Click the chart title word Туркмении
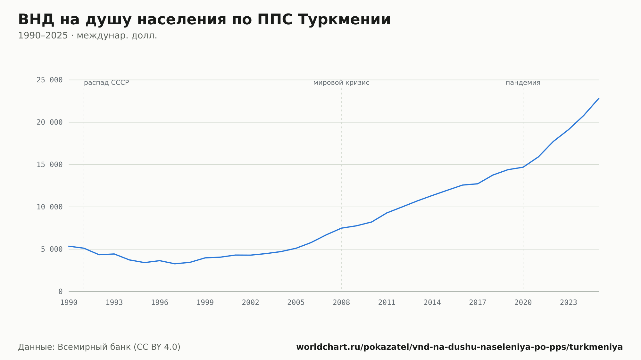pyautogui.click(x=344, y=20)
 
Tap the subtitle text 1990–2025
pyautogui.click(x=43, y=36)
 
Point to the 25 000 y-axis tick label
pyautogui.click(x=50, y=80)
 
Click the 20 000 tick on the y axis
pyautogui.click(x=50, y=122)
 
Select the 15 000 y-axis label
pyautogui.click(x=50, y=165)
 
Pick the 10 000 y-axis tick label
pyautogui.click(x=50, y=207)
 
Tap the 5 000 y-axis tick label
pyautogui.click(x=52, y=249)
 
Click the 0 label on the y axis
pyautogui.click(x=61, y=291)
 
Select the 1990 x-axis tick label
pyautogui.click(x=69, y=302)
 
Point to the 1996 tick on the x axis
pyautogui.click(x=160, y=302)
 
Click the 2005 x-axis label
pyautogui.click(x=296, y=302)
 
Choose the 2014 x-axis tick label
pyautogui.click(x=432, y=302)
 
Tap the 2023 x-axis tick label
pyautogui.click(x=569, y=302)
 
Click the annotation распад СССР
pyautogui.click(x=106, y=83)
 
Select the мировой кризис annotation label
pyautogui.click(x=341, y=83)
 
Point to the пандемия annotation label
pyautogui.click(x=523, y=83)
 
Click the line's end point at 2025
pyautogui.click(x=599, y=98)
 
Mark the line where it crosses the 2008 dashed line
pyautogui.click(x=341, y=228)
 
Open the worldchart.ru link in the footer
pyautogui.click(x=460, y=347)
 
